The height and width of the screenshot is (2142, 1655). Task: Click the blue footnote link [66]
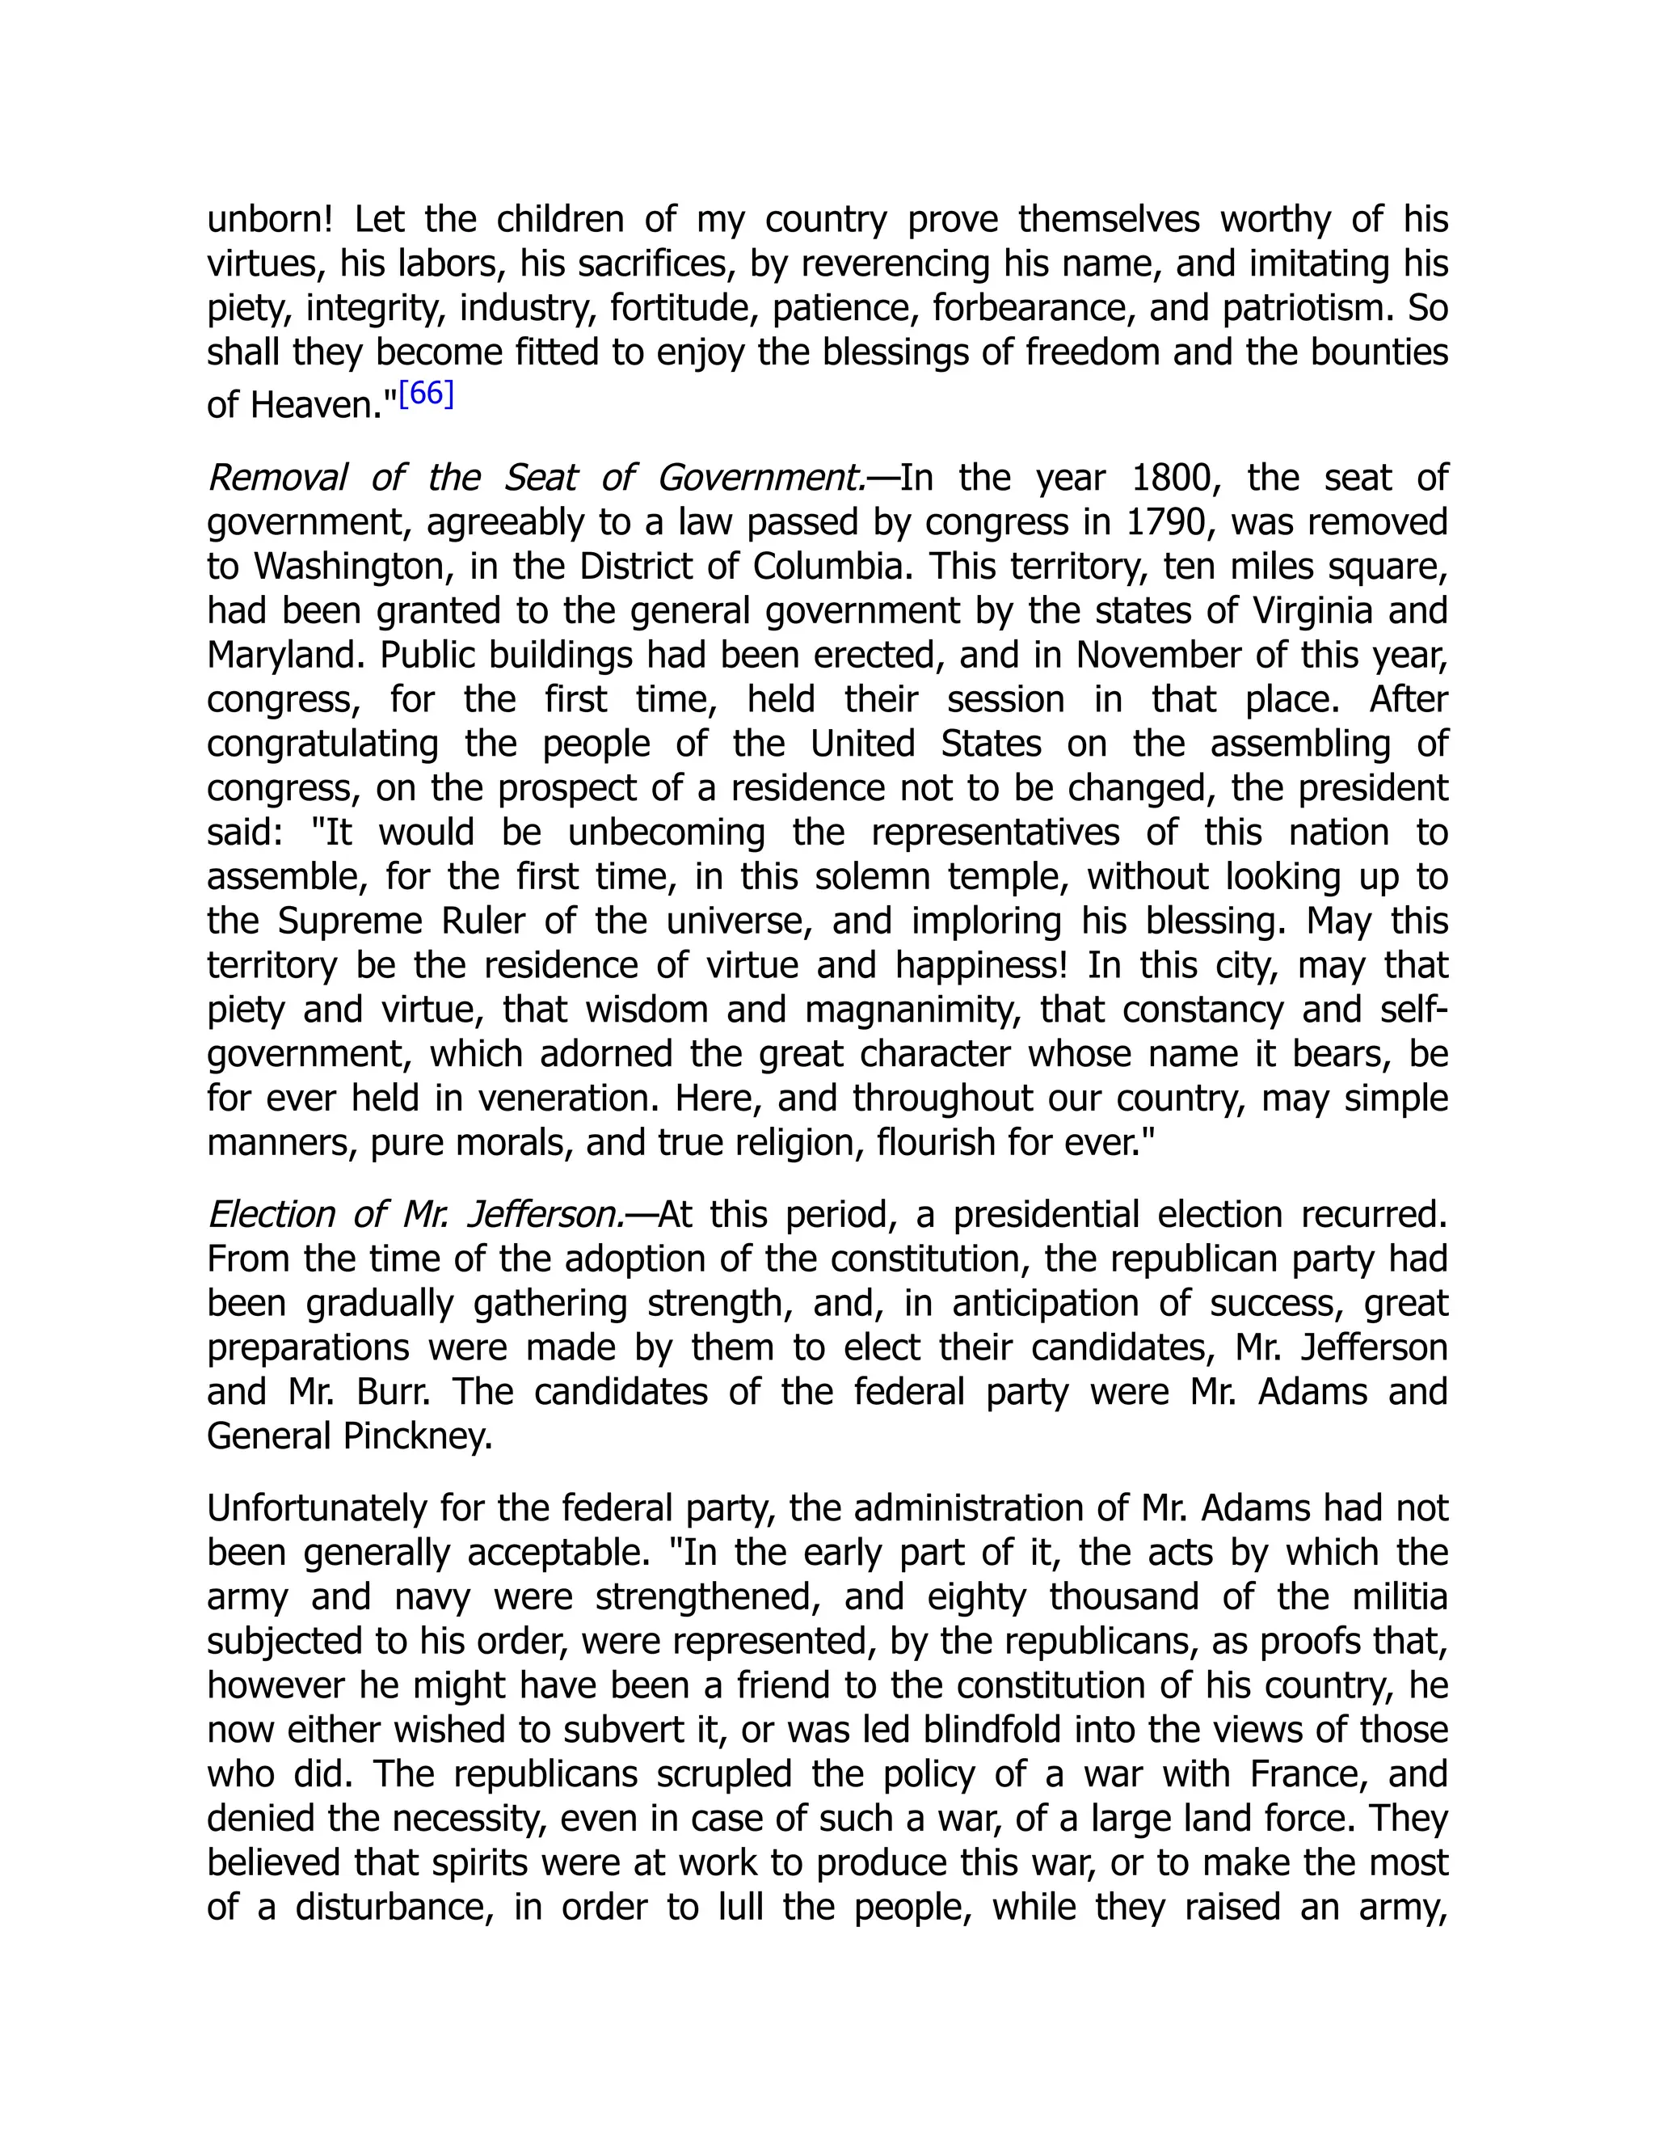tap(426, 394)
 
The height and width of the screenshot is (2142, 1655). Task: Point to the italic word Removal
tap(276, 478)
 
